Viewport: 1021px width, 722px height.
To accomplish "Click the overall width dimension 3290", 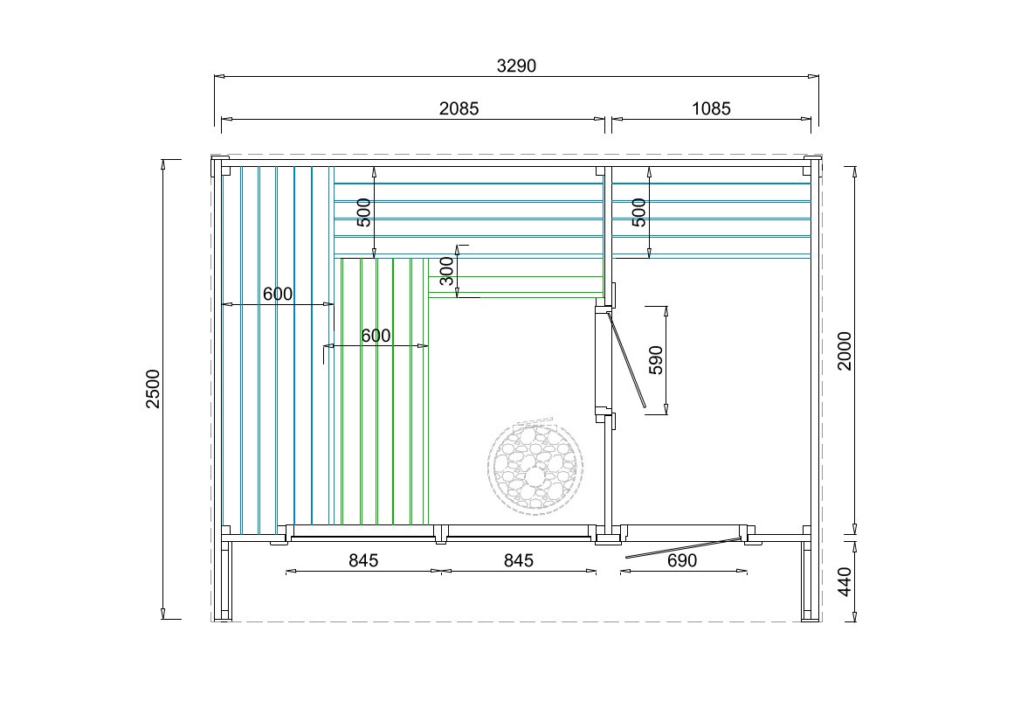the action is [516, 66].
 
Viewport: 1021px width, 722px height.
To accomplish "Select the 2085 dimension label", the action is [459, 108].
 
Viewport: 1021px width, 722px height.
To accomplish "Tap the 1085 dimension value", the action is [711, 108].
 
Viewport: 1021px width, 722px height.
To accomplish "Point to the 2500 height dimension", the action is [152, 388].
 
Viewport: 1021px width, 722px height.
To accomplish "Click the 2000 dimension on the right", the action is [845, 351].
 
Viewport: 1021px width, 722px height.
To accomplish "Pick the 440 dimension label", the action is [845, 581].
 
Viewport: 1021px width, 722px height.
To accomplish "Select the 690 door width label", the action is [682, 560].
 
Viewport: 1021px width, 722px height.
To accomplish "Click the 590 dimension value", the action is [657, 360].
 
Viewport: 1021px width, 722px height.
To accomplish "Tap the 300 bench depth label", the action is [446, 271].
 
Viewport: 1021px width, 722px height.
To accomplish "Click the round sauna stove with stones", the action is [535, 465].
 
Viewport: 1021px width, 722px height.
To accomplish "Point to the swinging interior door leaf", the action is [626, 360].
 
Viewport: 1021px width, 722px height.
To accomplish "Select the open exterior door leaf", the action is [683, 549].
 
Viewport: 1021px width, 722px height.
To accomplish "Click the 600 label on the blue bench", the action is [278, 294].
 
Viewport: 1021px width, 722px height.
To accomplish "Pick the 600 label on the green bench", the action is [376, 336].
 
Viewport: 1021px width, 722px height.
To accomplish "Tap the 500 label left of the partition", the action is [364, 212].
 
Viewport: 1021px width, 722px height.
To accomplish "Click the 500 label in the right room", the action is [639, 212].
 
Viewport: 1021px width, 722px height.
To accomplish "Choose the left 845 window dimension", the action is [363, 560].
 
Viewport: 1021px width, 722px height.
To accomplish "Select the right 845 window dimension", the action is [519, 560].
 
